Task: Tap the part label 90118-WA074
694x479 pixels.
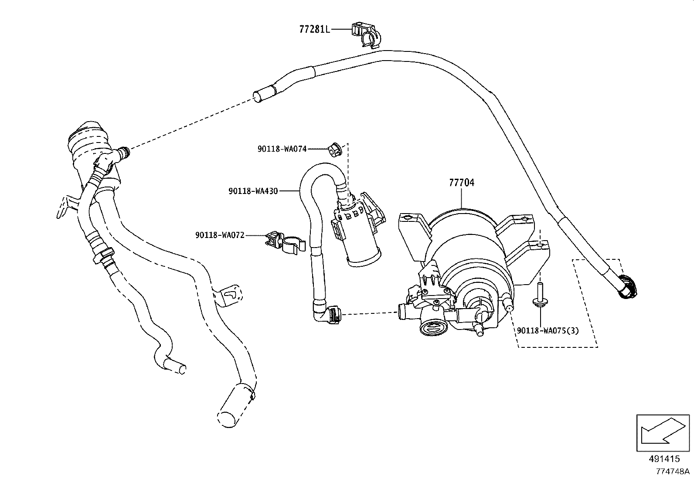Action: pyautogui.click(x=282, y=149)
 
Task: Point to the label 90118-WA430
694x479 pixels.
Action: pyautogui.click(x=253, y=191)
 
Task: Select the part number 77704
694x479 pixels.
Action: pyautogui.click(x=462, y=183)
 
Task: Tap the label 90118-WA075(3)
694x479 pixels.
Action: pyautogui.click(x=548, y=330)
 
